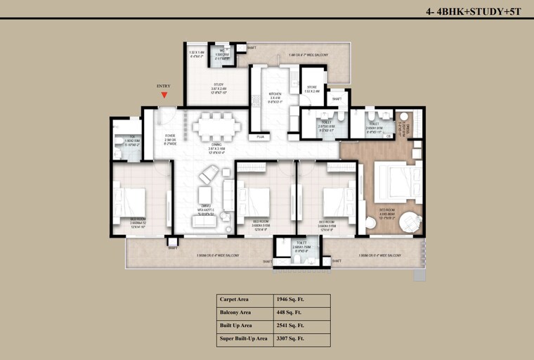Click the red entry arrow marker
(x=164, y=95)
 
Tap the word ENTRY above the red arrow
(x=164, y=86)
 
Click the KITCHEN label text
(x=275, y=94)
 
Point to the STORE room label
(x=312, y=86)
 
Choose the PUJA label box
(x=260, y=136)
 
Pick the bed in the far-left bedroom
(x=131, y=201)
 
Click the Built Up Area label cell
(x=236, y=326)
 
